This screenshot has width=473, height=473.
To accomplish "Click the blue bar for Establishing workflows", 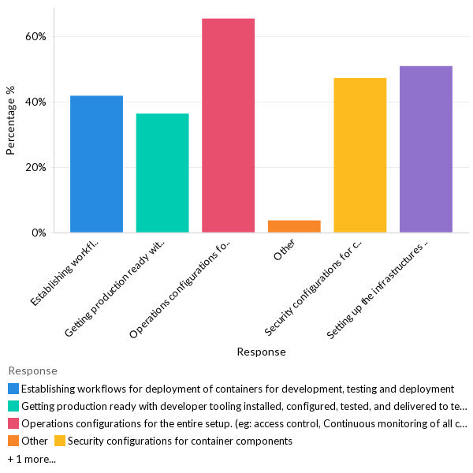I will [x=96, y=164].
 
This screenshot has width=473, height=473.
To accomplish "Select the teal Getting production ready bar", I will [x=162, y=173].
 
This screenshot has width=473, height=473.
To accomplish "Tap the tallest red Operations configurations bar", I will [x=228, y=125].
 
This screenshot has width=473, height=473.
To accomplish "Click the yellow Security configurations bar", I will [x=360, y=155].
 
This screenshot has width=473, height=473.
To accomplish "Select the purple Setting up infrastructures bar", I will [x=426, y=149].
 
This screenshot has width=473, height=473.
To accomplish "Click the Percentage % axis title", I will [x=11, y=120].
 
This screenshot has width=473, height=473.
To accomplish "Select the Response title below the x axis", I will [x=261, y=352].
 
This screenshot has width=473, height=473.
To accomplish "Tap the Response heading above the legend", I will [x=32, y=371].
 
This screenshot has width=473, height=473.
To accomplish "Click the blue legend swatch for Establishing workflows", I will [x=13, y=389].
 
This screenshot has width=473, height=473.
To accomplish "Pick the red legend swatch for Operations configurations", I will [x=13, y=423].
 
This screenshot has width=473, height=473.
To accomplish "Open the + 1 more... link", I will [x=32, y=458].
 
